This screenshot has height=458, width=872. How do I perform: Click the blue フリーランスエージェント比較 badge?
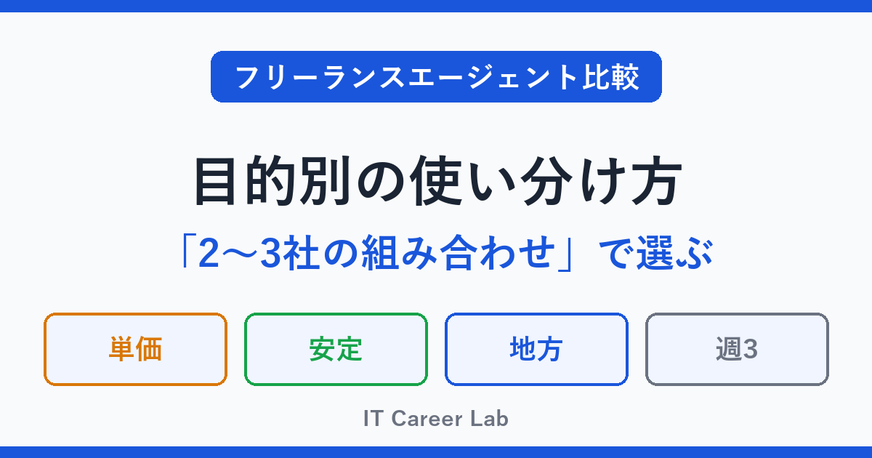pyautogui.click(x=436, y=77)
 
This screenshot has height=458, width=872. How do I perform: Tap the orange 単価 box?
pyautogui.click(x=135, y=350)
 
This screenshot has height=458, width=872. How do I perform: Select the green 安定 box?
pyautogui.click(x=336, y=350)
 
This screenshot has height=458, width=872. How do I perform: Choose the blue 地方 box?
pyautogui.click(x=536, y=350)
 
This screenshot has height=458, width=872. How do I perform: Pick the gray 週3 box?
pyautogui.click(x=737, y=350)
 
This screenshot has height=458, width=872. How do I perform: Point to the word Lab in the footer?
pyautogui.click(x=489, y=419)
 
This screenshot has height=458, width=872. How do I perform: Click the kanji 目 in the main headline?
pyautogui.click(x=215, y=181)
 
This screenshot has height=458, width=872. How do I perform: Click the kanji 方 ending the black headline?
pyautogui.click(x=657, y=181)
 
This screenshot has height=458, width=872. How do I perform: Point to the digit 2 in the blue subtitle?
pyautogui.click(x=209, y=253)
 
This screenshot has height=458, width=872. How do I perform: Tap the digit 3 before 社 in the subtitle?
pyautogui.click(x=270, y=253)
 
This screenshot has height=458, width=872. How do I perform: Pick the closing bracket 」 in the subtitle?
pyautogui.click(x=565, y=255)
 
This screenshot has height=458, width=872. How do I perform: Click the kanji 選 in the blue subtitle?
pyautogui.click(x=655, y=253)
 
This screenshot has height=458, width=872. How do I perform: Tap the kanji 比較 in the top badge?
pyautogui.click(x=610, y=77)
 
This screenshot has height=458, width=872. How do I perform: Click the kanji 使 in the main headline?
pyautogui.click(x=437, y=181)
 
